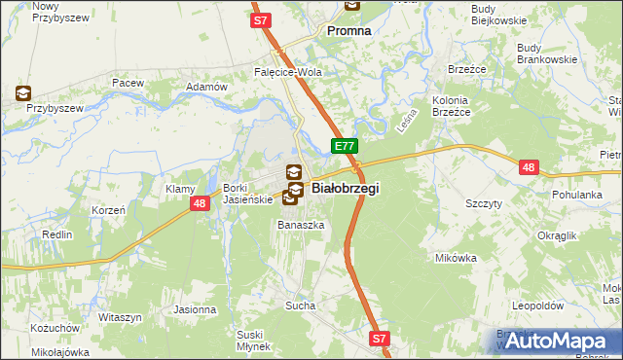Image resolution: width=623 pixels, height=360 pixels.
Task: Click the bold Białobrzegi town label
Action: pos(345,188)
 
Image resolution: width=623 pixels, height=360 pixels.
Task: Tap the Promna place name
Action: pos(348,30)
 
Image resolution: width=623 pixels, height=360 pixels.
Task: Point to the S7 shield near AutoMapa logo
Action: pos(381,339)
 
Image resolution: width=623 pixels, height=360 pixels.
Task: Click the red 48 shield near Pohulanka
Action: pos(529,167)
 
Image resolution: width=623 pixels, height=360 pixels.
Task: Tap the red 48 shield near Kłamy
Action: pos(199,203)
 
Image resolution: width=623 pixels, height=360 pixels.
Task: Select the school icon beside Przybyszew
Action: pos(22,94)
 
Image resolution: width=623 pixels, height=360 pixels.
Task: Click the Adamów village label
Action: pos(205,87)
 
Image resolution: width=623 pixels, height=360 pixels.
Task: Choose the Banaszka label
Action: pos(300,225)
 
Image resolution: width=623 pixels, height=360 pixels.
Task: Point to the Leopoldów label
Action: pos(538,305)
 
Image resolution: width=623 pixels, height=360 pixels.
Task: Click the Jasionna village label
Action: pos(195,309)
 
